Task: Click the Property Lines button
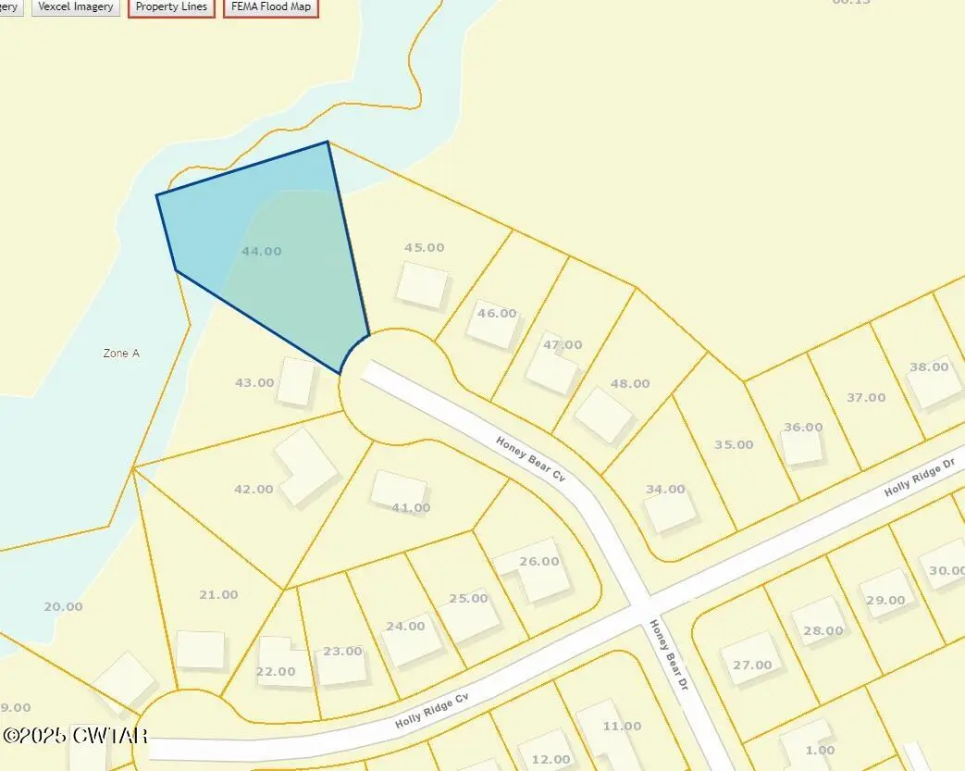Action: click(x=171, y=7)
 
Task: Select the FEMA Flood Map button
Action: click(x=271, y=7)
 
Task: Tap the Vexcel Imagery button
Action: click(x=76, y=7)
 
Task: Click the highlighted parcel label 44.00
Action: click(x=261, y=251)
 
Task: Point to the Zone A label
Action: click(x=121, y=353)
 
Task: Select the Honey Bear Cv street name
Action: click(x=531, y=459)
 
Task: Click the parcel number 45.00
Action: click(x=425, y=247)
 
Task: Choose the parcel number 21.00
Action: click(x=218, y=594)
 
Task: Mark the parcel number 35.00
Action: click(x=734, y=444)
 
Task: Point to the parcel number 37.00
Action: click(x=866, y=397)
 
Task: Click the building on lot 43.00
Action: click(x=297, y=381)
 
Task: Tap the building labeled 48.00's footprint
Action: click(x=603, y=416)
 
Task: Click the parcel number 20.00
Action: click(x=63, y=606)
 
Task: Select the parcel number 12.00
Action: click(x=551, y=760)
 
